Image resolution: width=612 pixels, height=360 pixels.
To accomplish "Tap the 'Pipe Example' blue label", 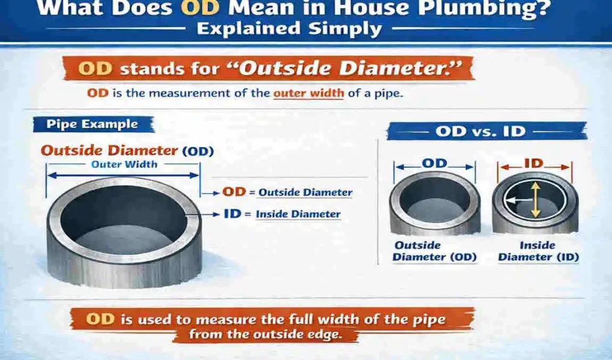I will coord(92,124).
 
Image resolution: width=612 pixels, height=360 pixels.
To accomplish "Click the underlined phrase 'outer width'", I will coord(308,94).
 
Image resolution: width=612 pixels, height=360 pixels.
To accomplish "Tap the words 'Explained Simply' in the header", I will coord(289,29).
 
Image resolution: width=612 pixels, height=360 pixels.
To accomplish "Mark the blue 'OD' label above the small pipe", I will coord(436,163).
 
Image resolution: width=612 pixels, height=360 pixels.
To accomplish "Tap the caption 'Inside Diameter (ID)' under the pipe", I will coord(538,251).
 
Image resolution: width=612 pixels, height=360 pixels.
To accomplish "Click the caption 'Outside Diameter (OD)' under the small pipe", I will coord(434,251).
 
